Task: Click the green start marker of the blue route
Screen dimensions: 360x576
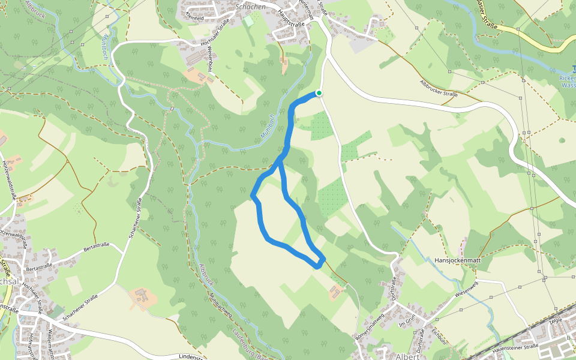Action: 319,92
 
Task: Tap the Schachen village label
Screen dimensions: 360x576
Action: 251,6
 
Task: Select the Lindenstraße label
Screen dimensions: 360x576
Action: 192,357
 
